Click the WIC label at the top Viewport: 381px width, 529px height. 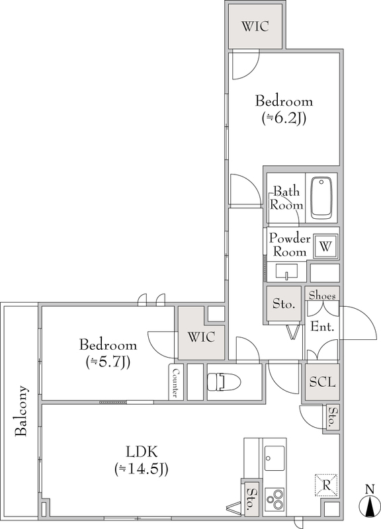(255, 26)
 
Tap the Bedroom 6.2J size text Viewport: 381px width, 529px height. (284, 118)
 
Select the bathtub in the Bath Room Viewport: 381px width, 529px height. (321, 198)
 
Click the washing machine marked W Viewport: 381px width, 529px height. (325, 246)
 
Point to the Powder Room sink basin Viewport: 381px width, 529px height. (287, 272)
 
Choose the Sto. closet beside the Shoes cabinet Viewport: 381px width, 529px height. (284, 304)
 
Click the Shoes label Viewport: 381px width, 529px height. (322, 296)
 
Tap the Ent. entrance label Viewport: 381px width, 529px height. (322, 327)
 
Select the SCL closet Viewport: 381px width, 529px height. (322, 382)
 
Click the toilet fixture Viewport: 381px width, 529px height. (224, 382)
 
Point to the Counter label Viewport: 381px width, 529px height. (176, 382)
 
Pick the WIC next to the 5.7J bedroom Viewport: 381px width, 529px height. (201, 337)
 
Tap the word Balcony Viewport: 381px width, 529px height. (21, 411)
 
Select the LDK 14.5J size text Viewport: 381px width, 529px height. (142, 469)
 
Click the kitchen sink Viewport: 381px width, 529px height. (274, 458)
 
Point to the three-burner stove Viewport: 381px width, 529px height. (274, 500)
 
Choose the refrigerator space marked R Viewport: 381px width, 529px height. (326, 485)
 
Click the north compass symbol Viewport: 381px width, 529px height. (370, 505)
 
